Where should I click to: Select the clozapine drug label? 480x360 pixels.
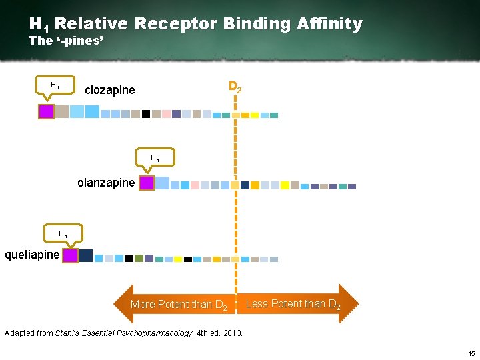tap(109, 90)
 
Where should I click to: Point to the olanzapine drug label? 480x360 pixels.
tap(106, 182)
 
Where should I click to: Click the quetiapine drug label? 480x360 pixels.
tap(31, 255)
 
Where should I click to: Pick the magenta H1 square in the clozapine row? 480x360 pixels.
tap(46, 111)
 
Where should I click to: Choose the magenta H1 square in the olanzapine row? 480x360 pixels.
tap(147, 183)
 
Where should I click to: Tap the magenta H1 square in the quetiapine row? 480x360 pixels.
tap(70, 255)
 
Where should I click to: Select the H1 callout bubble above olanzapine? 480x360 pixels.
tap(154, 158)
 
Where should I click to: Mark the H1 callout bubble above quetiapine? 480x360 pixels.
tap(63, 234)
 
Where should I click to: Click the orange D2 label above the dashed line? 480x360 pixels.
tap(235, 87)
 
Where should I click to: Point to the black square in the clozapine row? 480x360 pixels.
tap(146, 114)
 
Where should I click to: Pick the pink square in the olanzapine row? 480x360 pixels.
tap(195, 185)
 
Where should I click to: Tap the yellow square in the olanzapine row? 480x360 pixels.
tap(285, 185)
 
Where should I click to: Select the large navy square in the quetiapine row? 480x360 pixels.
tap(86, 255)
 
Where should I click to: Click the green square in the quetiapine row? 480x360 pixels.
tap(139, 258)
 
